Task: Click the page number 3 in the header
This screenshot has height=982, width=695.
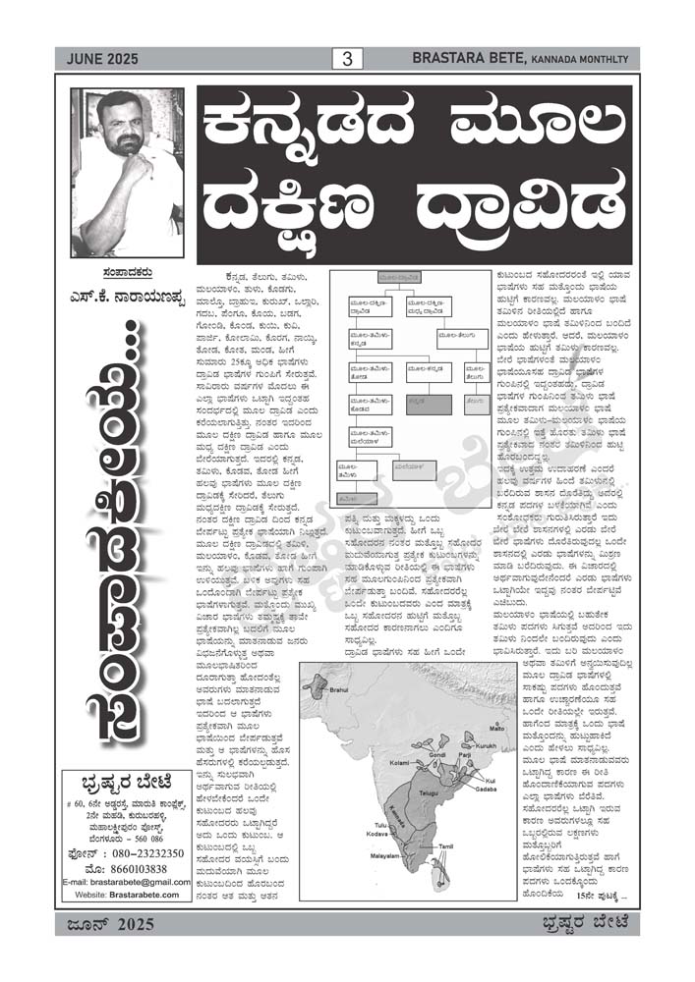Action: [346, 59]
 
